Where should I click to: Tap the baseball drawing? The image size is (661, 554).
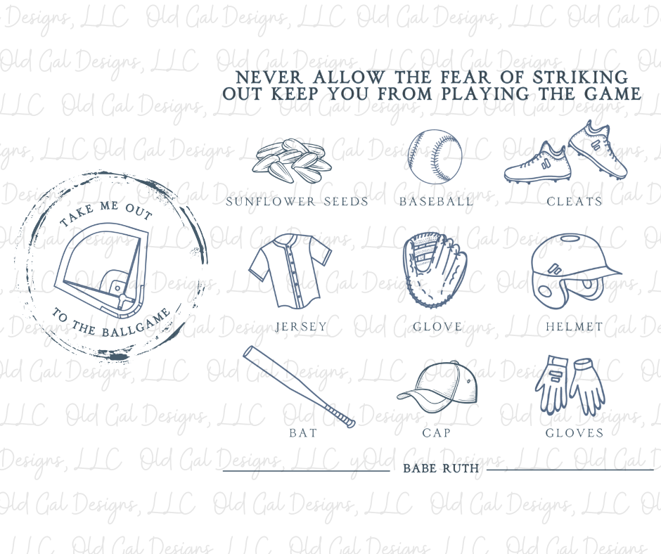pos(435,157)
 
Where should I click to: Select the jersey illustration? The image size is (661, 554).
pos(290,271)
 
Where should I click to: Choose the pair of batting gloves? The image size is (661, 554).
pos(570,385)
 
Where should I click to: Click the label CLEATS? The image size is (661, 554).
pos(575,202)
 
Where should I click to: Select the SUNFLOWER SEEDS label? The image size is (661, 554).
pos(297,202)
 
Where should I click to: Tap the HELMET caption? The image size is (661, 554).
pos(575,327)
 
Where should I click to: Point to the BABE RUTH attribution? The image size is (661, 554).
pos(441,468)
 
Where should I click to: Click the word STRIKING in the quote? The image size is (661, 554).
pos(580,77)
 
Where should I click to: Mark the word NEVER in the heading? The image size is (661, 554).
pos(269,77)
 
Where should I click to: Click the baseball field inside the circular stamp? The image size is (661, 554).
pos(101,270)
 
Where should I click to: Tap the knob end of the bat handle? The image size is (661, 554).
pos(350,423)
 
